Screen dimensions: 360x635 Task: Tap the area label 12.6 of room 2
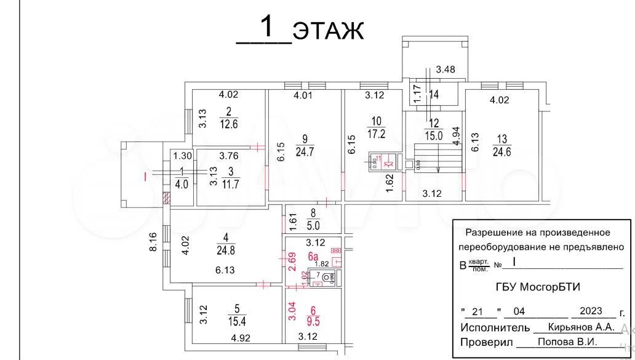[x=229, y=122]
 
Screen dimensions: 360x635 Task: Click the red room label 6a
[x=313, y=256]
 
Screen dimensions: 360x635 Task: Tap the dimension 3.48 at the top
[x=445, y=70]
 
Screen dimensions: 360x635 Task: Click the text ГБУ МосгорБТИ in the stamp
[x=537, y=286]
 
